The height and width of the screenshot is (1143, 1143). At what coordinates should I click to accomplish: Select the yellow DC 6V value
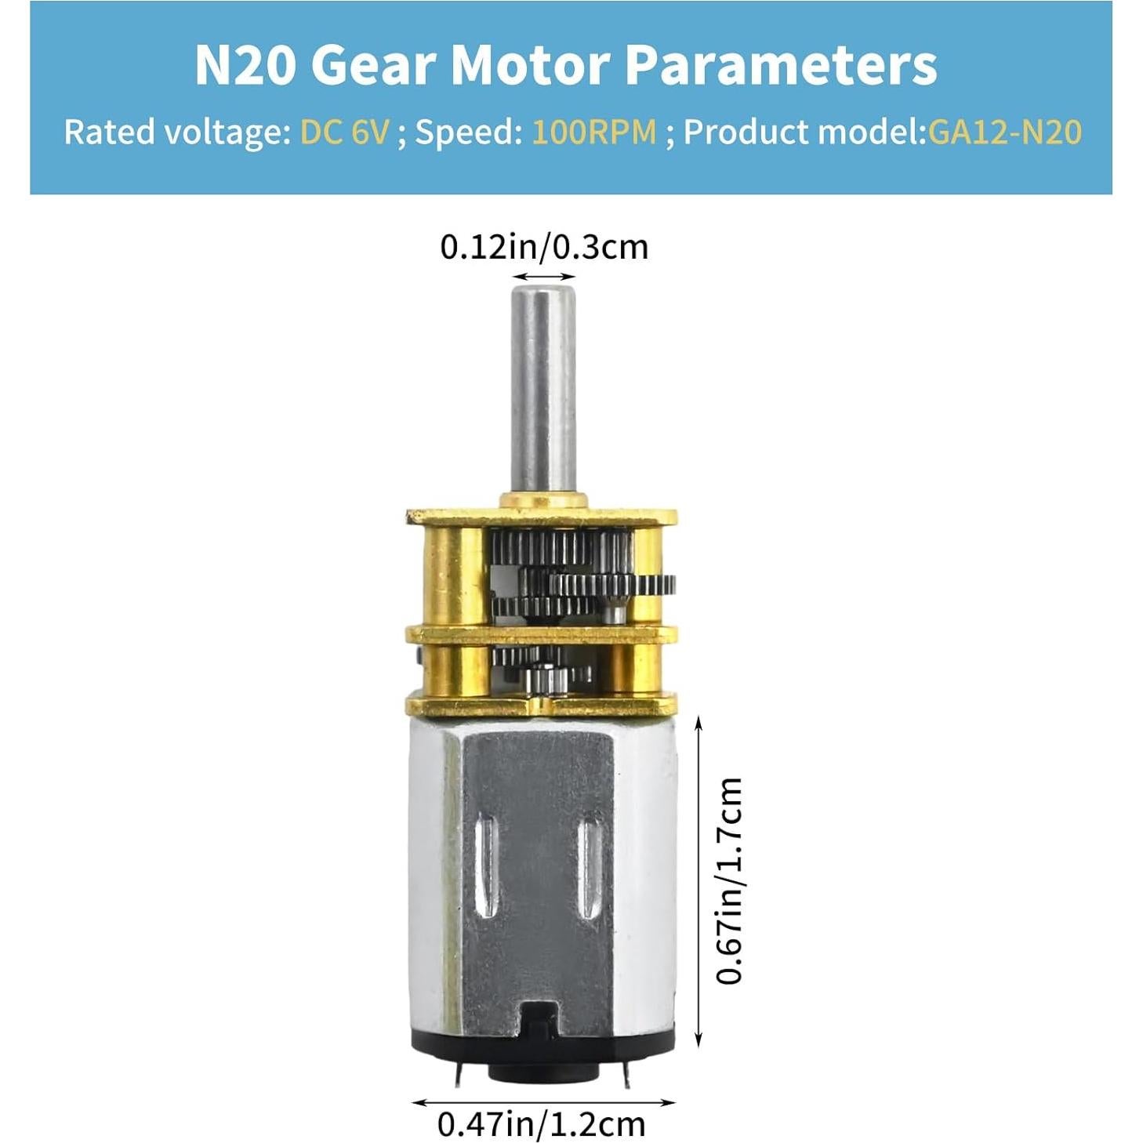click(344, 132)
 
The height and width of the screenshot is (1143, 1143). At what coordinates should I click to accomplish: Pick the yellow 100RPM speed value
click(593, 132)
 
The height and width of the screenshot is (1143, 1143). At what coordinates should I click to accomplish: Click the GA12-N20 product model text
click(1005, 132)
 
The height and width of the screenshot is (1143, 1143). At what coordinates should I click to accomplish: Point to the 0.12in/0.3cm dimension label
click(544, 247)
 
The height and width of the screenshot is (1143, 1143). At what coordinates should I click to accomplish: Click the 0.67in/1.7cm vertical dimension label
click(729, 880)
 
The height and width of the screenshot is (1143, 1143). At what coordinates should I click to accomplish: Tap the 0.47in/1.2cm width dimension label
click(541, 1123)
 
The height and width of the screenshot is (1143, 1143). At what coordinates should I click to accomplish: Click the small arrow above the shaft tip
click(543, 277)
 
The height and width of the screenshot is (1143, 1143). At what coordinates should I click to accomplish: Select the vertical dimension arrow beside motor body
click(698, 880)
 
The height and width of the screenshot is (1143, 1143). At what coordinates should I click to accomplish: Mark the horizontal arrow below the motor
click(542, 1101)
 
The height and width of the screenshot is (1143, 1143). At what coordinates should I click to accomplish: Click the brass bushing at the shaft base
click(542, 500)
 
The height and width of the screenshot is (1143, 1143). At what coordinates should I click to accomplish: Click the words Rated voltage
click(176, 132)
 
